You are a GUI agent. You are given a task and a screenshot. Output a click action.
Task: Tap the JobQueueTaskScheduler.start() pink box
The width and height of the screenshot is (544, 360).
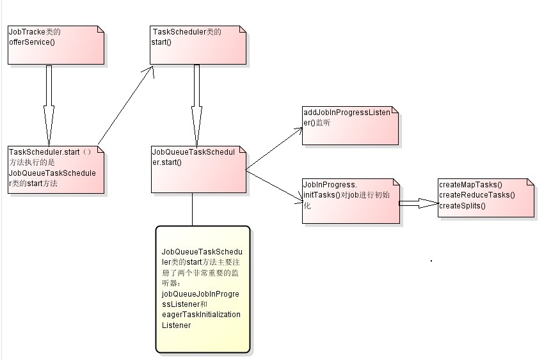point(198,169)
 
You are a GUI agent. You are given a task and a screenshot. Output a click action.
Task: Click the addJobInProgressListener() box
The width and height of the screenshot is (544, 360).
point(350,126)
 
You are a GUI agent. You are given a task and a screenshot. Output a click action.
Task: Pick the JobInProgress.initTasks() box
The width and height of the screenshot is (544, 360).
point(350,201)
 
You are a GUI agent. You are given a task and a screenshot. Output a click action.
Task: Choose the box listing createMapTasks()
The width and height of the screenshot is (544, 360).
point(486,198)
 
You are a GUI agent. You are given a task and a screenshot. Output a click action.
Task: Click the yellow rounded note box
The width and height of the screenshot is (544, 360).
point(202,289)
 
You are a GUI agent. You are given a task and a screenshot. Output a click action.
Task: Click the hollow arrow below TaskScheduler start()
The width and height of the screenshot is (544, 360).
point(197,102)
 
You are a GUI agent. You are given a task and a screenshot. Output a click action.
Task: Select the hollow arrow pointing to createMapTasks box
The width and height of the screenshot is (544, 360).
point(419,203)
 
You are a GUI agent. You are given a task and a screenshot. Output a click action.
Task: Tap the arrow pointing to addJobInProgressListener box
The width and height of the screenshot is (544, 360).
point(274,148)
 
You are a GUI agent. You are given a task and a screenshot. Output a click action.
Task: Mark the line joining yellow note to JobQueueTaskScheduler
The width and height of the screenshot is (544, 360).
point(192,209)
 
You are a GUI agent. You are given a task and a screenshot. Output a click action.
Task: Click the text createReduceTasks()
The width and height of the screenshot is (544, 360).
point(477,195)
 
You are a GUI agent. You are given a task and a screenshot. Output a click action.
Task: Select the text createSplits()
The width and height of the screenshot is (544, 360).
point(462,205)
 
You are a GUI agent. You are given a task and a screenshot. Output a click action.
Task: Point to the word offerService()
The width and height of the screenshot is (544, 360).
point(32,42)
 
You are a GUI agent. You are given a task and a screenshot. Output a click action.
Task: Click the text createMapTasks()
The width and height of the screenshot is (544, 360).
point(470,185)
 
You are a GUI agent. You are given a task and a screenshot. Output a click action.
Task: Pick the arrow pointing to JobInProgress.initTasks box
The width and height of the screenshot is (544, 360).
point(274,187)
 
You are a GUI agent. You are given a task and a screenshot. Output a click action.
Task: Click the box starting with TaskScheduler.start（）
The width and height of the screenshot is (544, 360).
point(56,169)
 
